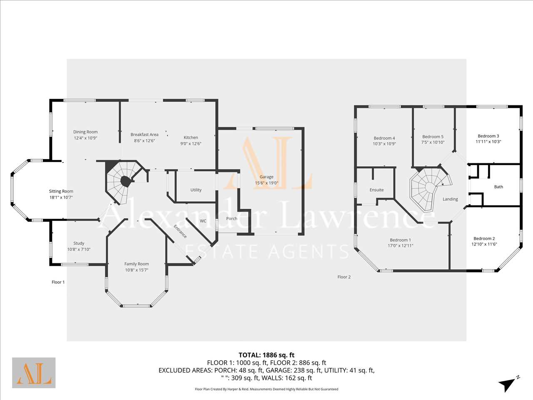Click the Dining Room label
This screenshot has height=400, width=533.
85,132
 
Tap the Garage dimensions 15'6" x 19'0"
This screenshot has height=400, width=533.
266,183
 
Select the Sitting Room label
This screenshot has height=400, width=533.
61,191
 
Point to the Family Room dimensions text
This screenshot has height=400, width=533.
137,270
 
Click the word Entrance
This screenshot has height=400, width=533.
180,231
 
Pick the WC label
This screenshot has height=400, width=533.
203,221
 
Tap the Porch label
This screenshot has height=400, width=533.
232,219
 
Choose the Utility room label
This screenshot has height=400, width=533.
196,190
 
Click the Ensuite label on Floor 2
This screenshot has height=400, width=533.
376,190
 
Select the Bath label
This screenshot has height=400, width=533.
498,187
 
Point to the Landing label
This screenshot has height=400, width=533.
450,199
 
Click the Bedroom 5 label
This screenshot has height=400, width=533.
433,137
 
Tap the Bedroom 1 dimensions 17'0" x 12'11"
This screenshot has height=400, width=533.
401,245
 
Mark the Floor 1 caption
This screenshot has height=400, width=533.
58,282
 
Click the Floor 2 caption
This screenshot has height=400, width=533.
344,277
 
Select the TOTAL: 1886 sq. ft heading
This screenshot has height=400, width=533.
266,355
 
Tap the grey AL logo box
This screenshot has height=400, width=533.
34,373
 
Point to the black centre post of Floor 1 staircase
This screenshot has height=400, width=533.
125,181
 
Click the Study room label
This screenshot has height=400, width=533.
79,243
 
